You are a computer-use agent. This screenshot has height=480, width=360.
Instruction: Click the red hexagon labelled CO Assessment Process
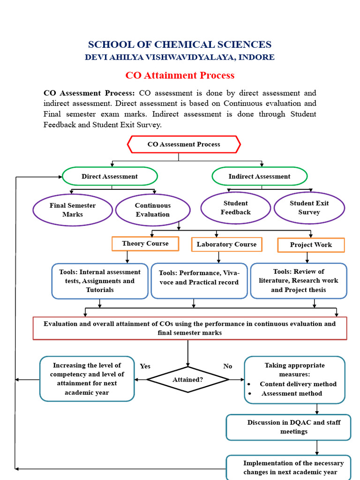coord(184,144)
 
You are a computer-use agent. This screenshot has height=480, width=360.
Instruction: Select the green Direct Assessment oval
coord(110,176)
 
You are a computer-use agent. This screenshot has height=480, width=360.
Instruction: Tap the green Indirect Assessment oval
coord(259,176)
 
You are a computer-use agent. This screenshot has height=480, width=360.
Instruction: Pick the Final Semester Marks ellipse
coord(73,210)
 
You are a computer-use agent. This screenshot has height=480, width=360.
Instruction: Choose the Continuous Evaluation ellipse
coord(153,210)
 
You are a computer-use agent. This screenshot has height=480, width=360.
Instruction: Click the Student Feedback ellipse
coord(236,208)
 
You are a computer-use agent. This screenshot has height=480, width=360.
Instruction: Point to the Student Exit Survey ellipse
coord(309,208)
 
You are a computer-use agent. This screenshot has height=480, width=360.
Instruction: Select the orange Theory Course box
coord(145,244)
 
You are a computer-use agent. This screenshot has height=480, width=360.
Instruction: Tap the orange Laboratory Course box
coord(226,244)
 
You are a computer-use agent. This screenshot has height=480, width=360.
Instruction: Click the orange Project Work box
coord(311,245)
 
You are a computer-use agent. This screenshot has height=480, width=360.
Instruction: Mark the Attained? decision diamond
coord(187,380)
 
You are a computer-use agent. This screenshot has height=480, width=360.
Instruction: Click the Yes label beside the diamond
coord(145,366)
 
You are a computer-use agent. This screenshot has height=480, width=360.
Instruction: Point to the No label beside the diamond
coord(228,366)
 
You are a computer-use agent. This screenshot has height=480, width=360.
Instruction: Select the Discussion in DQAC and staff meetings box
coord(288,427)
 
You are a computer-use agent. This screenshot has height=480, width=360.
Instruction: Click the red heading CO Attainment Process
coord(180,75)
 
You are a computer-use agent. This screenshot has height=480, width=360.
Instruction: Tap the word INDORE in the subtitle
coord(256,57)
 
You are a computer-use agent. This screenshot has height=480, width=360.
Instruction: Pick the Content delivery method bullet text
coord(298,384)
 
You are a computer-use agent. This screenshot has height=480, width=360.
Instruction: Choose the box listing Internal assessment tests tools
coord(100,281)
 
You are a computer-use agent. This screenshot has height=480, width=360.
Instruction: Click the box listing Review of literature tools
coord(299,280)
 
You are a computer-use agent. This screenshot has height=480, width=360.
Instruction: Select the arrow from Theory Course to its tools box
coord(127,257)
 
